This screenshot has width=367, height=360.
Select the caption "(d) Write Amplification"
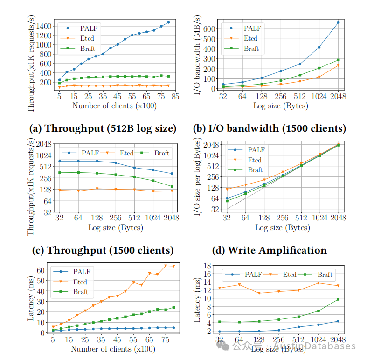click(x=270, y=250)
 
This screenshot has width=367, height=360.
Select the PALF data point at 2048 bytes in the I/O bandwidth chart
click(x=338, y=22)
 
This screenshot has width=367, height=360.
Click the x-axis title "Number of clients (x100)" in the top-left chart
click(x=114, y=106)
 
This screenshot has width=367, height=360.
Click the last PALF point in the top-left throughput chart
click(x=168, y=22)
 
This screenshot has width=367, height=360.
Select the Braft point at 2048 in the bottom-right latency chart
click(x=338, y=299)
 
